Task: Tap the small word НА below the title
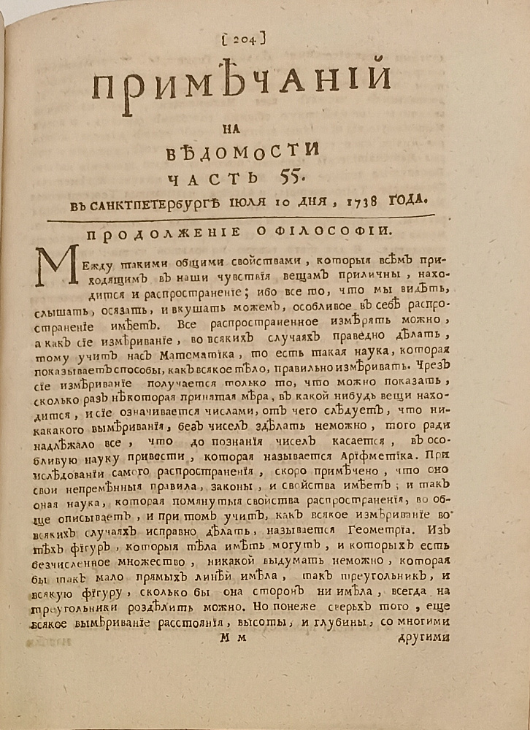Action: (244, 128)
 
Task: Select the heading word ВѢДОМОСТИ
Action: (245, 151)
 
